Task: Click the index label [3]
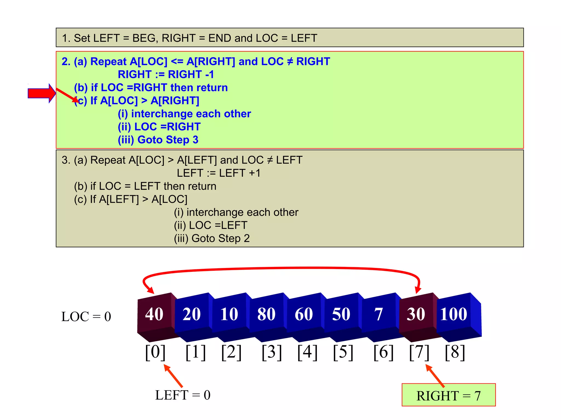pos(271,352)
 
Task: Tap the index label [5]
pos(343,352)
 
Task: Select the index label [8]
pos(455,352)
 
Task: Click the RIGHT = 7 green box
pos(448,395)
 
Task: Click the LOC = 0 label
pos(86,317)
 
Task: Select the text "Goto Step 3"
pos(168,140)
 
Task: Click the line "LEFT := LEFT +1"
pos(219,173)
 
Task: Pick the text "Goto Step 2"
pos(221,238)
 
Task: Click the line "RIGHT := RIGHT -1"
pos(166,74)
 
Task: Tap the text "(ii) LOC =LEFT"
pos(211,225)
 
